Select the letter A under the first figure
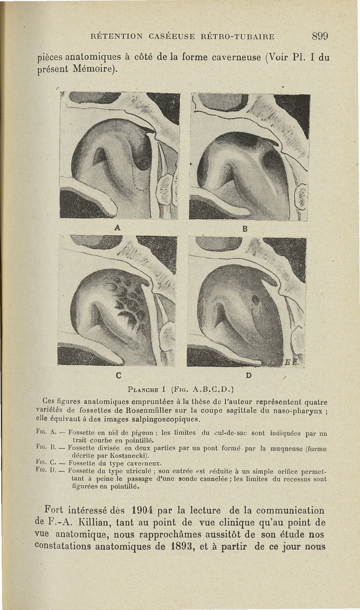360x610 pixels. tap(117, 228)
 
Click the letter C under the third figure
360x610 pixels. tap(118, 374)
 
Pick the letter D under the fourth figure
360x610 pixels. tap(248, 374)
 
